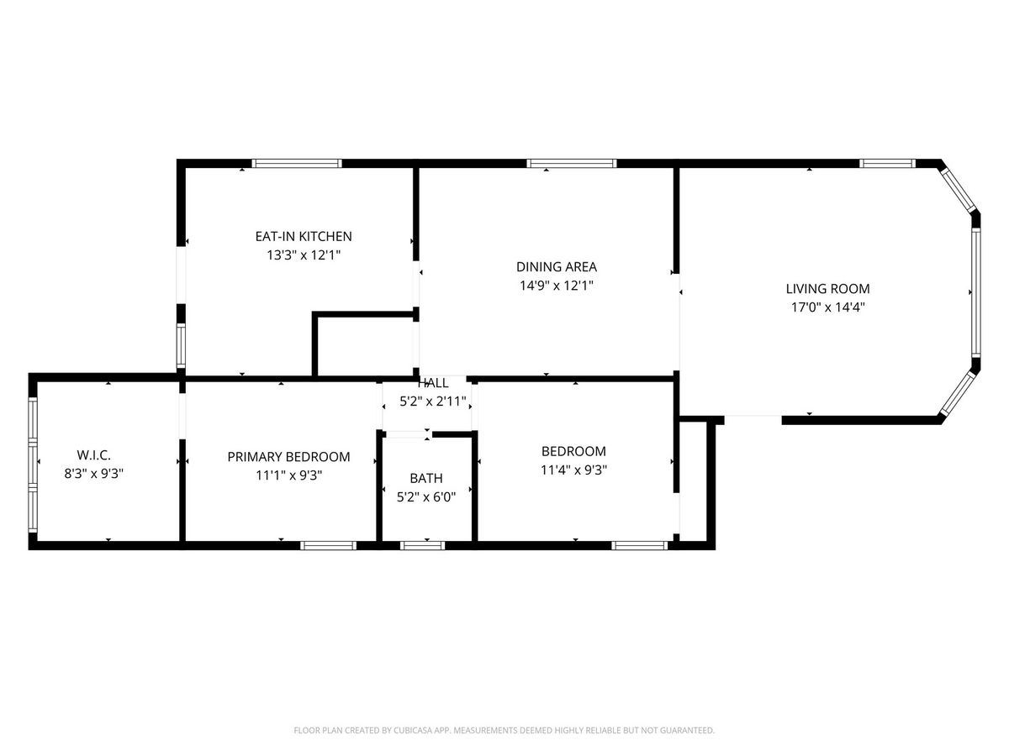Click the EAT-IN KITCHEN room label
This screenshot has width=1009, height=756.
304,236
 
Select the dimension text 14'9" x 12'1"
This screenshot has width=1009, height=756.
557,286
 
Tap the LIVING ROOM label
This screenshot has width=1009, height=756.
827,289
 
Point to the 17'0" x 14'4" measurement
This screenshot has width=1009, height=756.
827,307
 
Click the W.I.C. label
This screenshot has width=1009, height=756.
94,455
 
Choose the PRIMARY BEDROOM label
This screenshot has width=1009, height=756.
288,457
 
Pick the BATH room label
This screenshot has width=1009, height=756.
426,478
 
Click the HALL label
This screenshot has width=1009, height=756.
432,383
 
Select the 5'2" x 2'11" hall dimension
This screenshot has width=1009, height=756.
432,402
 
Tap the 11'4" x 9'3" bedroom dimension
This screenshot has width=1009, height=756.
573,470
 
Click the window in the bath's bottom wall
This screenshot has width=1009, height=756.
422,545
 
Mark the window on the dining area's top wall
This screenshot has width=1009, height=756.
571,164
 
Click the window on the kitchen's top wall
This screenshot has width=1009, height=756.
297,164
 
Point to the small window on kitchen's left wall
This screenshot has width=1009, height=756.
181,345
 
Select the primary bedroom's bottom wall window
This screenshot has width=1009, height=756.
328,545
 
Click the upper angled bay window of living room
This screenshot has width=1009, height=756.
958,191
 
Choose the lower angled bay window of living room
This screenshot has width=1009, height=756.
958,393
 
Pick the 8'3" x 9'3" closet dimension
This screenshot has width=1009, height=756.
94,473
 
